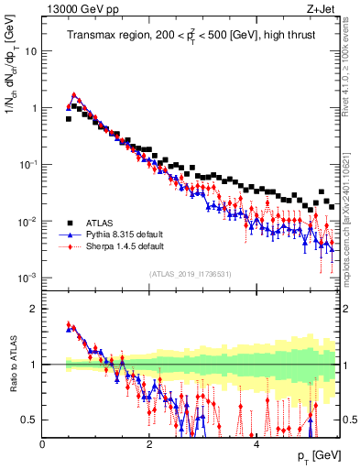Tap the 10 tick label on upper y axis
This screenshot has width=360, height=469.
pyautogui.click(x=30, y=51)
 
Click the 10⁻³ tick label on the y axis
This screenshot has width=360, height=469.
pyautogui.click(x=27, y=278)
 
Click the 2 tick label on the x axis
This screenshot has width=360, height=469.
pyautogui.click(x=149, y=443)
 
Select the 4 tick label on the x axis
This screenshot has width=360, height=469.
pyautogui.click(x=256, y=443)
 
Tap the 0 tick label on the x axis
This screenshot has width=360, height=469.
pyautogui.click(x=42, y=443)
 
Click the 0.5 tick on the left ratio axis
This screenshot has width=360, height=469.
pyautogui.click(x=29, y=420)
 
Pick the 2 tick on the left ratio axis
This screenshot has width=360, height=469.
pyautogui.click(x=34, y=309)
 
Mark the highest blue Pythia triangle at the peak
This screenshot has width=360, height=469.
pyautogui.click(x=74, y=95)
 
